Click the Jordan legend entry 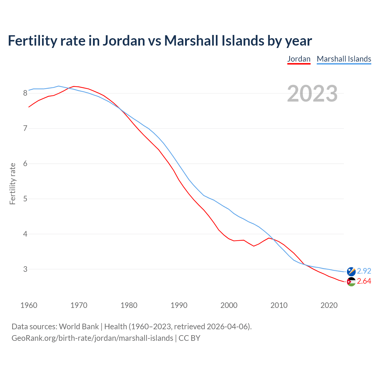coord(299,59)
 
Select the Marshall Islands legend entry coord(344,59)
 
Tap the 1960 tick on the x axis coord(29,305)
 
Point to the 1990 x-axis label coord(179,305)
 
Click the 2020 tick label coord(329,305)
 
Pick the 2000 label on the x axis coord(229,305)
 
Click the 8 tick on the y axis coord(25,93)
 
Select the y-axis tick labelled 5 coord(25,199)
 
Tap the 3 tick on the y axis coord(25,269)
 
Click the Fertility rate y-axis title coord(12,184)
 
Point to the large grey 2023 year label coord(312,94)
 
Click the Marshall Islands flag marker coord(351,271)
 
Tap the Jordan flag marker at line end coord(351,282)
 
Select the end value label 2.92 coord(364,271)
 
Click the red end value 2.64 coord(364,281)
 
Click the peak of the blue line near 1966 coord(58,86)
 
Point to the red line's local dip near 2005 coord(254,246)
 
